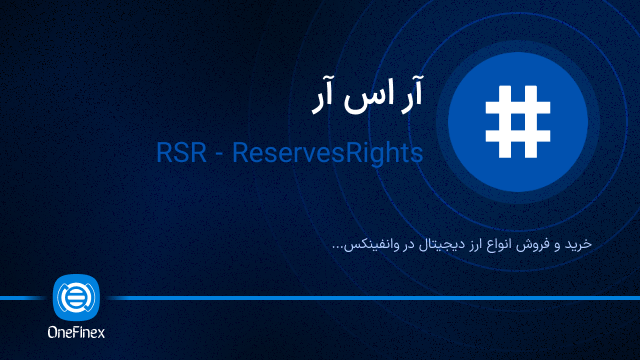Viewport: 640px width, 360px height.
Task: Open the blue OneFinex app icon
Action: tap(76, 297)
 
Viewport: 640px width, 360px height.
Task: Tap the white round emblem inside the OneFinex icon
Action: tap(76, 297)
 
